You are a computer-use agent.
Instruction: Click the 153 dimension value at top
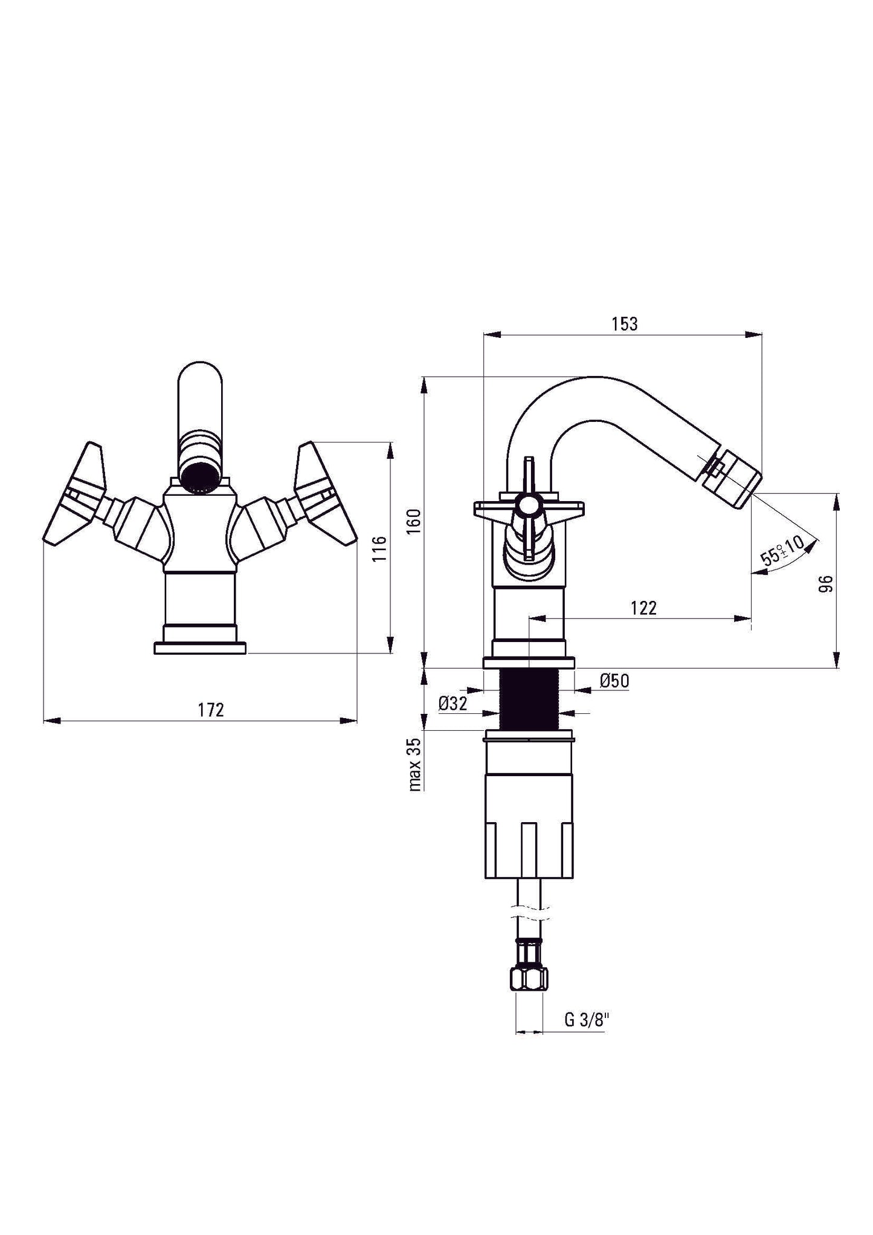click(x=624, y=324)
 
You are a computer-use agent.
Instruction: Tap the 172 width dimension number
click(x=211, y=710)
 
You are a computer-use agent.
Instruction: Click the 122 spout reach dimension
click(x=643, y=608)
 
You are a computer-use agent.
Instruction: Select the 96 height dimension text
click(x=826, y=583)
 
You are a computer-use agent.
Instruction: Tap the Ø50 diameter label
click(x=614, y=681)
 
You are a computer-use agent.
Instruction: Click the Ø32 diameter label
click(x=453, y=704)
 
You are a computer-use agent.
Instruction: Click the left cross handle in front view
click(x=76, y=493)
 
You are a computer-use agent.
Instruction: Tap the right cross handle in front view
click(x=323, y=493)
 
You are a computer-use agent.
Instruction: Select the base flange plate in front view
click(x=200, y=648)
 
